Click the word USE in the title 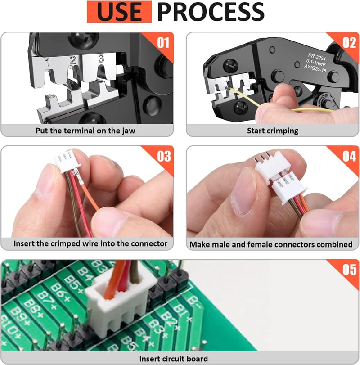pos(119,12)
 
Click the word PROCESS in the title pos(211,12)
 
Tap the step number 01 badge pos(163,43)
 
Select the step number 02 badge pos(349,43)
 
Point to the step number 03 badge pos(164,156)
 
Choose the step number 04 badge pos(349,156)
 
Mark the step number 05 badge pos(349,270)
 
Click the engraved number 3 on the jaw pos(101,59)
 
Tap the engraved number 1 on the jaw pos(48,62)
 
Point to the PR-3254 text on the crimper pos(317,57)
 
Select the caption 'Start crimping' pos(273,131)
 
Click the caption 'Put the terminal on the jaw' pos(85,131)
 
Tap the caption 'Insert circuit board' pos(173,359)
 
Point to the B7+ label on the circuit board pos(47,301)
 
